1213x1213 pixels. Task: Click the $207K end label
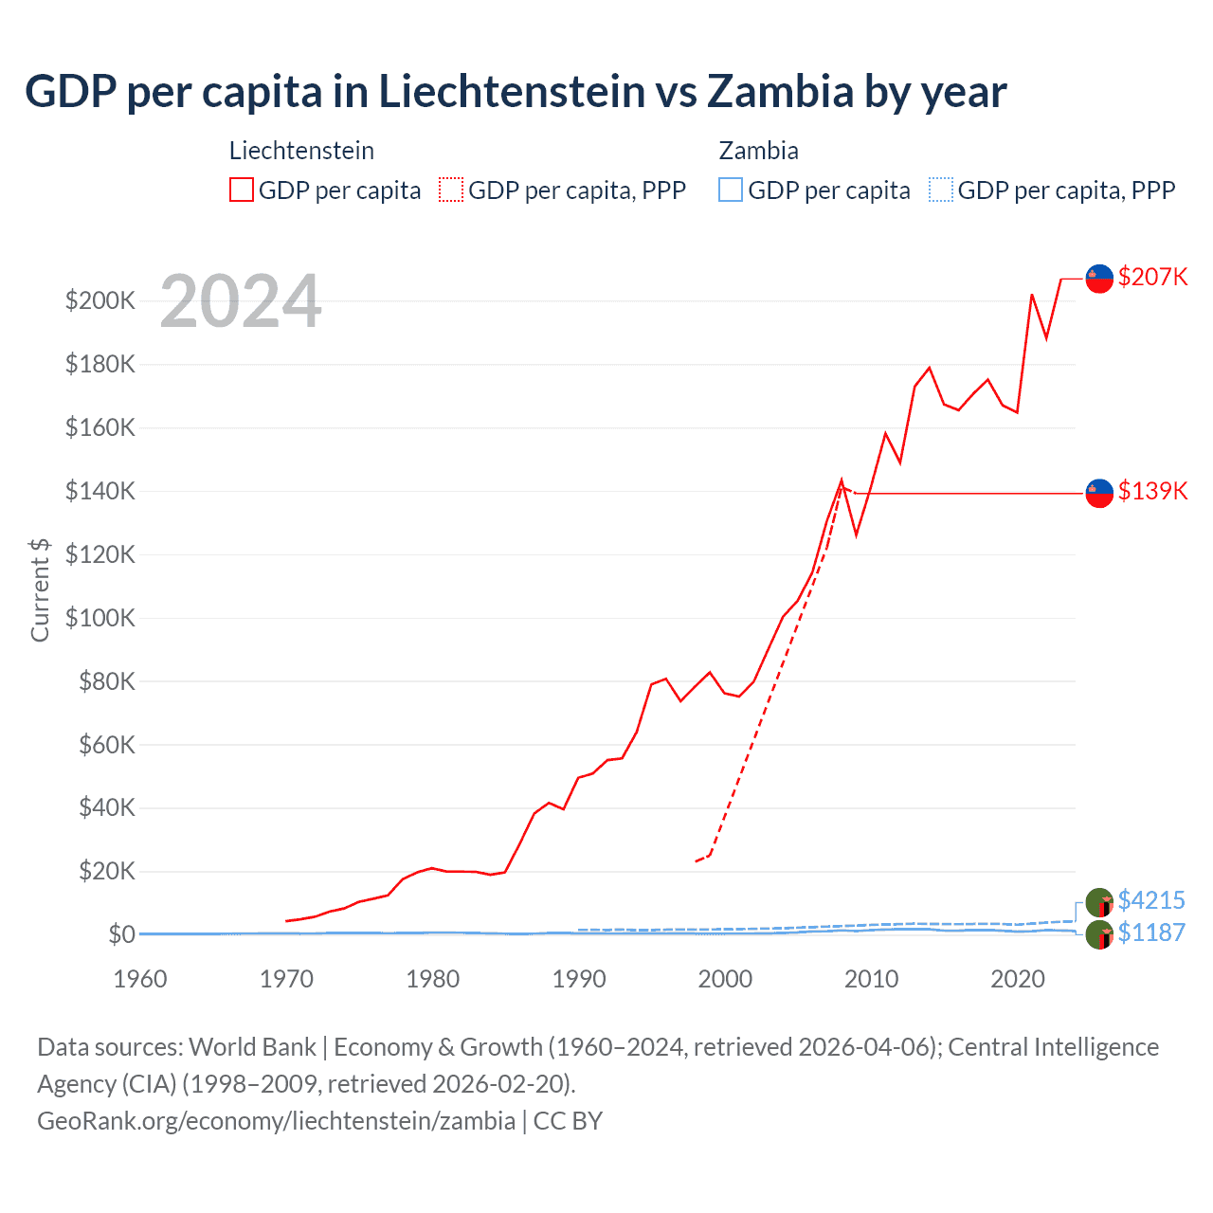pos(1152,277)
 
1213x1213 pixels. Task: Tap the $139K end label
pos(1152,491)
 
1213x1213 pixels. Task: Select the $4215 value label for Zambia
pos(1151,900)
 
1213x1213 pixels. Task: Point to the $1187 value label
pos(1151,932)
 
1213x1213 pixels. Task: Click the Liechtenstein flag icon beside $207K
pos(1099,279)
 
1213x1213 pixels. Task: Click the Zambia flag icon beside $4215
pos(1099,902)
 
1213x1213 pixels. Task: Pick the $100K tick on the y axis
pos(100,618)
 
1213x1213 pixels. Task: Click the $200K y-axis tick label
pos(100,300)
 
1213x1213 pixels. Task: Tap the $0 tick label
pos(121,934)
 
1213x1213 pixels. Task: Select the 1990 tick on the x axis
pos(579,979)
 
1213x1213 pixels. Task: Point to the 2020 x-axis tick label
pos(1018,979)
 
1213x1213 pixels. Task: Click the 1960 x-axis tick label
pos(140,979)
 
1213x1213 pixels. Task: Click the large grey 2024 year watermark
pos(241,302)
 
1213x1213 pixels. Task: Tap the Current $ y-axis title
pos(40,589)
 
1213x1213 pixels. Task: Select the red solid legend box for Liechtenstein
pos(242,190)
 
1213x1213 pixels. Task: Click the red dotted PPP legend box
pos(451,190)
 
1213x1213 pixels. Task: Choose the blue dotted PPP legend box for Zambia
pos(941,190)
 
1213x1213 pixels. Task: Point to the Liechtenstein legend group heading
pos(301,151)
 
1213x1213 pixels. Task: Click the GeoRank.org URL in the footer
pos(276,1121)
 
